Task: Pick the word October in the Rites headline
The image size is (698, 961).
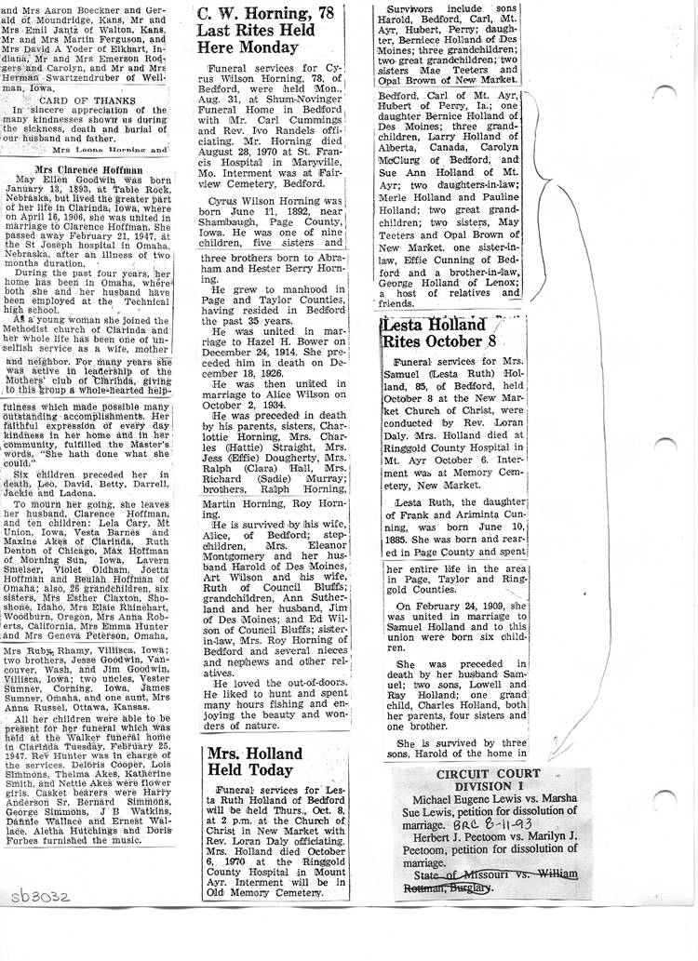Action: tap(465, 341)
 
